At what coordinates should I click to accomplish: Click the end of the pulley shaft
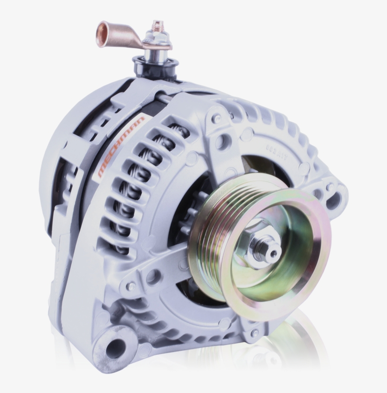(273, 254)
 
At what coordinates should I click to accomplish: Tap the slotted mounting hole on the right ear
(333, 201)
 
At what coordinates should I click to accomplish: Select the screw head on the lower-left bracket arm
(131, 286)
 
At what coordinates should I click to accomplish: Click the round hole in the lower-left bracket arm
(152, 277)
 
